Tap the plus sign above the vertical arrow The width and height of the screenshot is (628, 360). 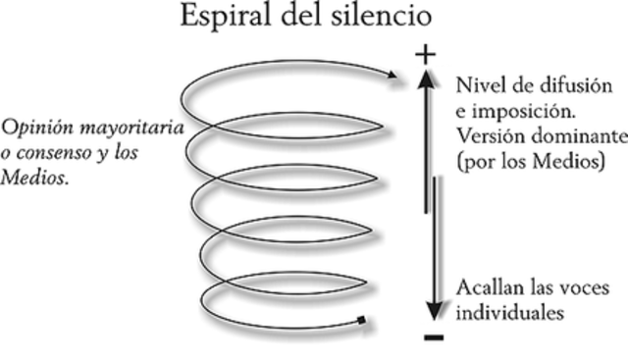[425, 55]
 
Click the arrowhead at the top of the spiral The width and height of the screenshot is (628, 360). [389, 74]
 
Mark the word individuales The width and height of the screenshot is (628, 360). [508, 314]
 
